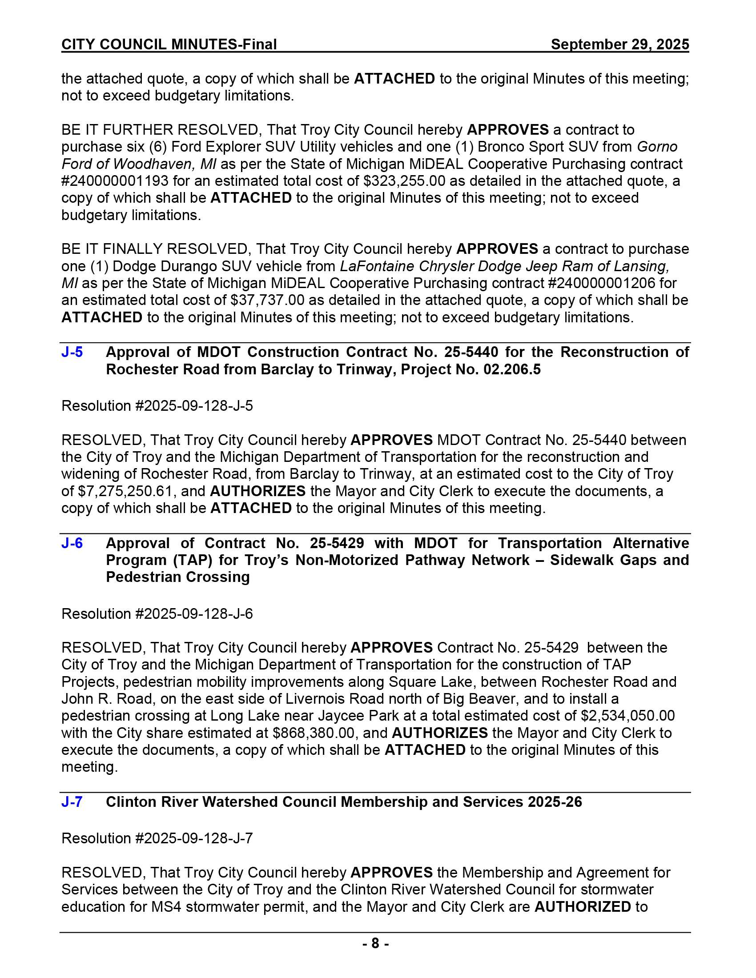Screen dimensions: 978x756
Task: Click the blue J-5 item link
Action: click(72, 352)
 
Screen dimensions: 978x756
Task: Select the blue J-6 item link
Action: click(72, 543)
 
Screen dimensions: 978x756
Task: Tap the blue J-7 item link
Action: click(72, 802)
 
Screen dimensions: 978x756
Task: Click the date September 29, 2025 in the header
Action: click(620, 44)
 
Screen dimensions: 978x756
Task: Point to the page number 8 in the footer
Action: click(375, 943)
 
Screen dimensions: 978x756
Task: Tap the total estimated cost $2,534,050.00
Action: click(628, 716)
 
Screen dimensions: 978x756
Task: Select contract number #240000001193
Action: click(115, 181)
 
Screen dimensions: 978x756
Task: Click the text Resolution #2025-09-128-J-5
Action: click(157, 406)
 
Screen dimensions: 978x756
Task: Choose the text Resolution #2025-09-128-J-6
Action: click(157, 613)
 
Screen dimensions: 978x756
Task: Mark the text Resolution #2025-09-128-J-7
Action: click(157, 838)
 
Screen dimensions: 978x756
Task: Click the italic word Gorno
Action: click(657, 147)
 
